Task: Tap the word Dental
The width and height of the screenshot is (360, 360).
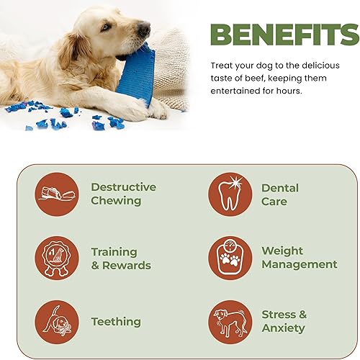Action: [280, 188]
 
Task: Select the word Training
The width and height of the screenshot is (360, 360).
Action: [114, 251]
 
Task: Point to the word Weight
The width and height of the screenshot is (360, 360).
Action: [282, 251]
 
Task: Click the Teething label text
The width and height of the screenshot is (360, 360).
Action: [116, 322]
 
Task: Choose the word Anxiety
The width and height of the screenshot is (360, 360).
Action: [283, 328]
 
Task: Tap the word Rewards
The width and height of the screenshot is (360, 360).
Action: [126, 265]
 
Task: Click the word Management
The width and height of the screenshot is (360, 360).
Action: [299, 264]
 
